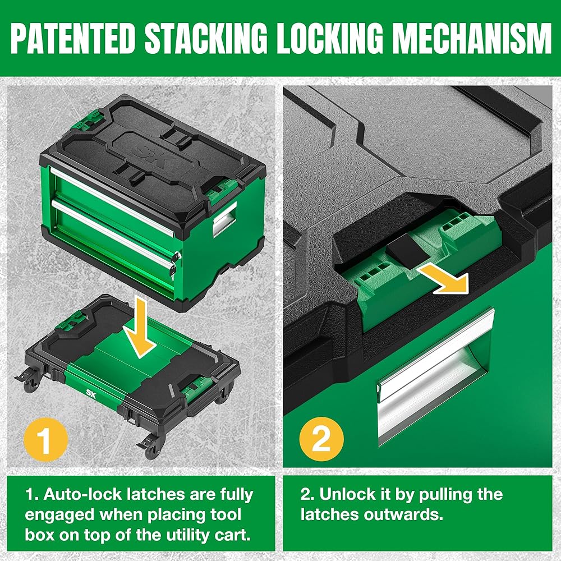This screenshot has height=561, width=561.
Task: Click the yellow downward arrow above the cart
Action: coord(140,331)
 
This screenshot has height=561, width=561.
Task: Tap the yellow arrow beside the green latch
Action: coord(445,278)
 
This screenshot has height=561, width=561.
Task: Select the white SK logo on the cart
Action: coord(91,392)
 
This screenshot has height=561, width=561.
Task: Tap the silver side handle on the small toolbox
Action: coord(224,220)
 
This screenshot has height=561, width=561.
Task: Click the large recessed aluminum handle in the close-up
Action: coord(435,376)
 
